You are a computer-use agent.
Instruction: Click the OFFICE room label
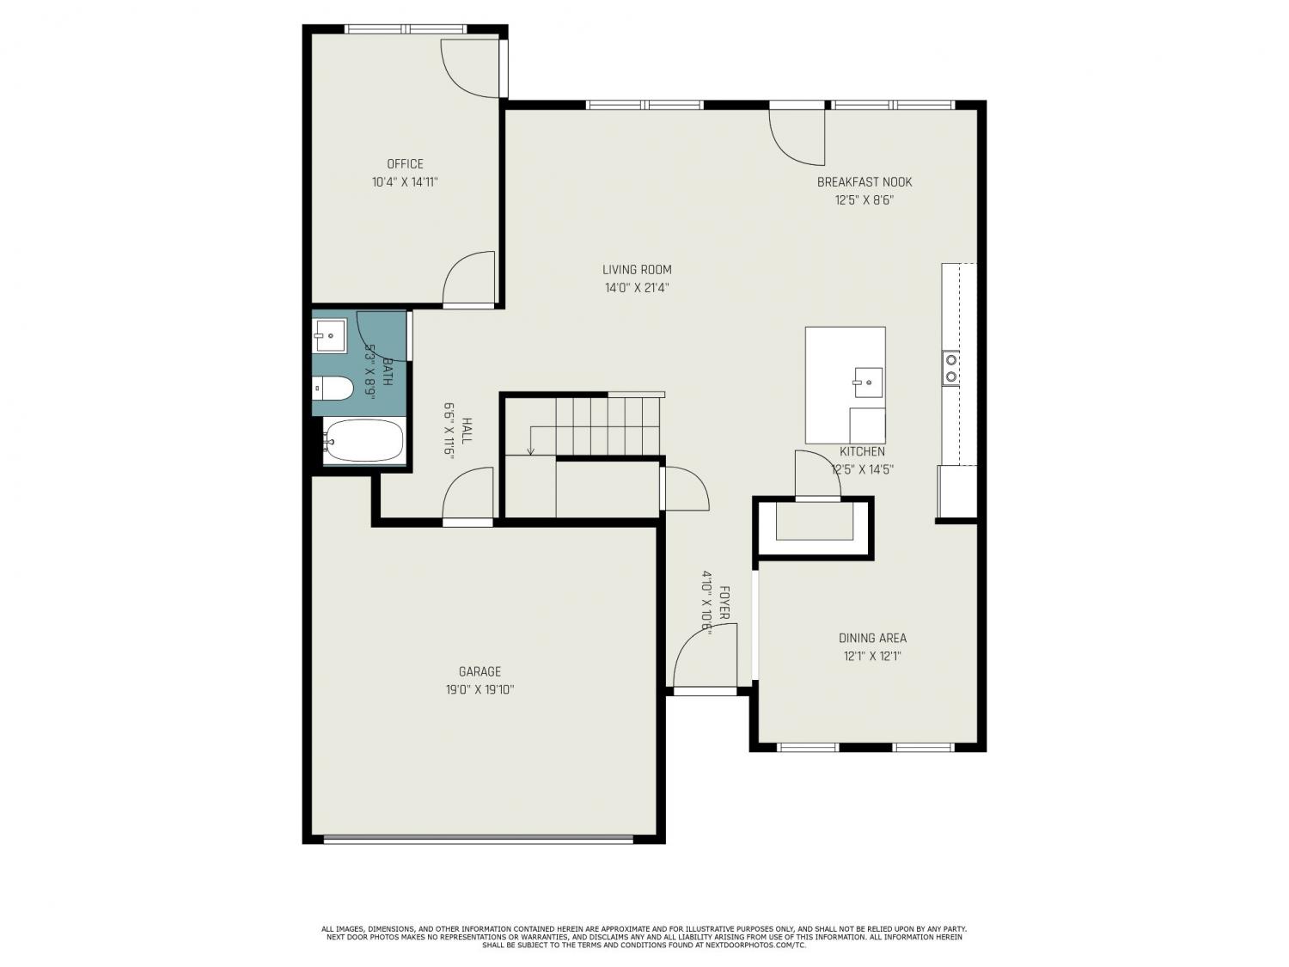tap(405, 164)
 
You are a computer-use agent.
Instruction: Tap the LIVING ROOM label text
tap(637, 270)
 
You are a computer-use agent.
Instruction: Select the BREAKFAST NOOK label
tap(864, 182)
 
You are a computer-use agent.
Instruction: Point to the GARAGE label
tap(480, 671)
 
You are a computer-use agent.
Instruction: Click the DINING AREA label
tap(872, 638)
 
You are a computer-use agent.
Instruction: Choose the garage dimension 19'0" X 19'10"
tap(480, 689)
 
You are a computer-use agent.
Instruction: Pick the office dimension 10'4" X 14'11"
tap(405, 182)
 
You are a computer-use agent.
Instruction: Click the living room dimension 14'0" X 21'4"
tap(637, 288)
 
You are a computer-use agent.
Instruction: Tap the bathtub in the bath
tap(364, 440)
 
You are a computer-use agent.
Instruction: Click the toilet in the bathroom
tap(333, 389)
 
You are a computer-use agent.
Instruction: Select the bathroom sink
tap(329, 336)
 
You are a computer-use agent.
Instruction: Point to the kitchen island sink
tap(868, 383)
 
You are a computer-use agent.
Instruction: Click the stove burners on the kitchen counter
tap(950, 368)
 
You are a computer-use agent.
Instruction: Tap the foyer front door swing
tap(705, 656)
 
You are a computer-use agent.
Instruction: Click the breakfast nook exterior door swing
tap(797, 138)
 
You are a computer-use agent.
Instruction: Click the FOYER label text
tap(724, 603)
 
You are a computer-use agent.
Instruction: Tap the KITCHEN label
tap(862, 451)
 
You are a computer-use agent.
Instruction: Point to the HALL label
tap(467, 431)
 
